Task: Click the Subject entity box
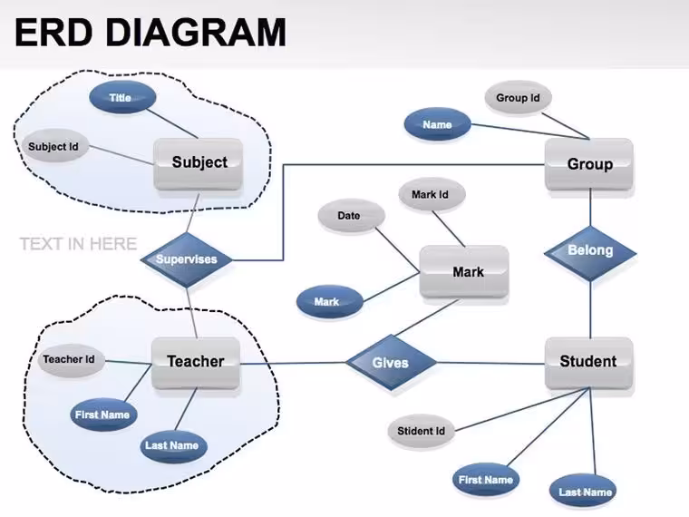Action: pos(199,164)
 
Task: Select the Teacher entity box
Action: pos(196,363)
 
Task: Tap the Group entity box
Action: pos(589,164)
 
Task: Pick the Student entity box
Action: pos(589,363)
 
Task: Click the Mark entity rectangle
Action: pos(464,272)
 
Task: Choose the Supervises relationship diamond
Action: pos(187,259)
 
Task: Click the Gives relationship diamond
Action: pos(391,363)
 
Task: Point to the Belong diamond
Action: pos(590,253)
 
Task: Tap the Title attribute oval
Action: pos(122,97)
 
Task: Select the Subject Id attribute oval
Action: pos(54,146)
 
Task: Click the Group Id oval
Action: pos(519,98)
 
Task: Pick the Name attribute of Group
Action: pos(437,124)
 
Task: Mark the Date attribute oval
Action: pos(352,216)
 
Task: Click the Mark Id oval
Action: pos(432,194)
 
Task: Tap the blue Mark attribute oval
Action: pos(330,301)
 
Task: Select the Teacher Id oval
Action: pos(72,359)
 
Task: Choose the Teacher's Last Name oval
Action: pos(174,445)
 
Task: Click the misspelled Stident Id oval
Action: pos(422,431)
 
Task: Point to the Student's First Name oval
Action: pos(486,479)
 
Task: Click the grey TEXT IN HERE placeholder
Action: pos(78,244)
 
